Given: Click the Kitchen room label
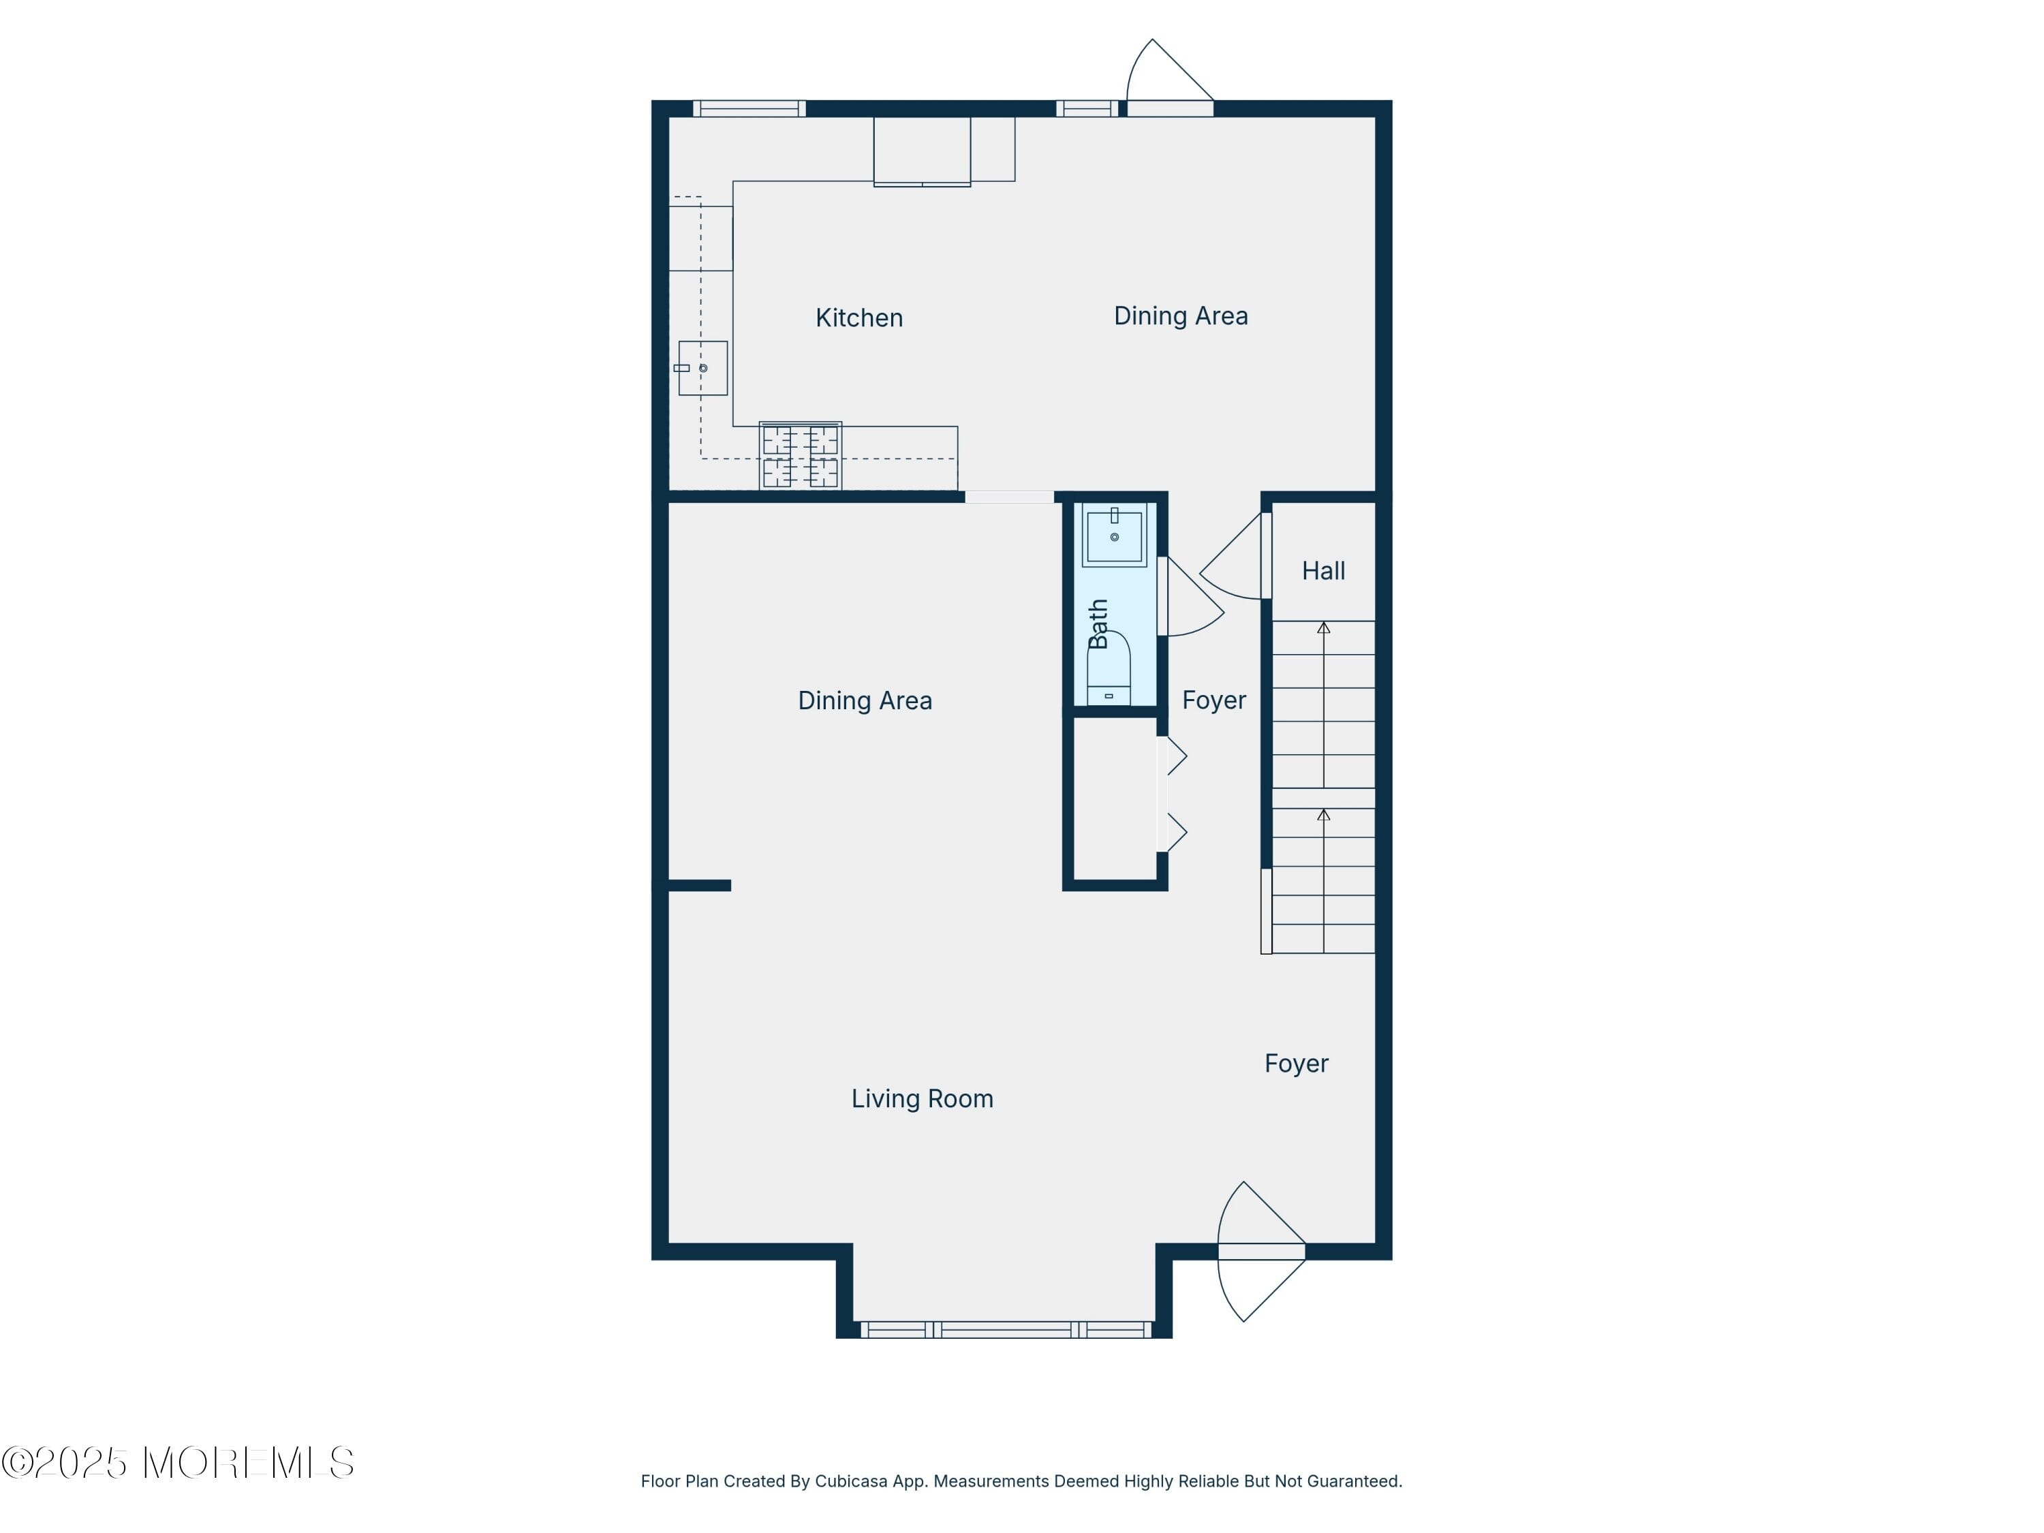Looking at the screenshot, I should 858,318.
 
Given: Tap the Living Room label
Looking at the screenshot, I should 921,1099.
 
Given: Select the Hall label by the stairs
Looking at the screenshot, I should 1322,571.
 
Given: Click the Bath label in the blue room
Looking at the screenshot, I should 1098,623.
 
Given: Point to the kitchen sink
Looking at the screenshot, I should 702,368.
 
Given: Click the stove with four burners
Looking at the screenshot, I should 801,456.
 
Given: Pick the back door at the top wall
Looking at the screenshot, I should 1169,83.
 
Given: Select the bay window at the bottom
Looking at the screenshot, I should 1006,1330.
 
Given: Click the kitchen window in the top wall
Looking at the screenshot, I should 749,108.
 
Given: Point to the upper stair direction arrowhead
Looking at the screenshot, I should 1323,628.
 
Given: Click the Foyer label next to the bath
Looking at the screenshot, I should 1213,700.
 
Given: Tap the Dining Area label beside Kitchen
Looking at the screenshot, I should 1180,316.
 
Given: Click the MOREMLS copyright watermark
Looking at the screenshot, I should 177,1463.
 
